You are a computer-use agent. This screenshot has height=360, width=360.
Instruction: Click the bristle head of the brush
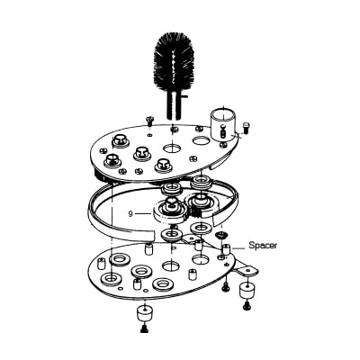pos(174,64)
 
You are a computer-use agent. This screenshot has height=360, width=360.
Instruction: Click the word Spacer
pos(263,246)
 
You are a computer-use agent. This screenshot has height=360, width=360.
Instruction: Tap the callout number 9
pos(130,213)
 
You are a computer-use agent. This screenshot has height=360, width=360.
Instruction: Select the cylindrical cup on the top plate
pos(223,124)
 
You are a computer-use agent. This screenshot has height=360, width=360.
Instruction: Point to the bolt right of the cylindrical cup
pos(246,128)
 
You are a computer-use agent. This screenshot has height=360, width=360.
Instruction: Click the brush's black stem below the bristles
pos(174,105)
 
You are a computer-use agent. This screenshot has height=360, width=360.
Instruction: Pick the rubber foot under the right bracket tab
pos(247,291)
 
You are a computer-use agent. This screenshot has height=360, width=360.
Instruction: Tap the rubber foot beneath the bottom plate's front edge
pos(145,313)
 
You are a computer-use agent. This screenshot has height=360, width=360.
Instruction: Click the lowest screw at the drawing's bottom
pos(144,328)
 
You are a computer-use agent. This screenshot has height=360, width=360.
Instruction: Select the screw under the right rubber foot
pos(247,306)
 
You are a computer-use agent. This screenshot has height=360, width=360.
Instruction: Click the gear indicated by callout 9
pos(170,211)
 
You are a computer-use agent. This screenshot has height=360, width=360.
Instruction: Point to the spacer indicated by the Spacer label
pos(226,249)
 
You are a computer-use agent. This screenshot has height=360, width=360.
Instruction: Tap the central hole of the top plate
pos(172,148)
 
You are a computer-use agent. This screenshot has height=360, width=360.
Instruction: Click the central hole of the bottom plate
pos(171,265)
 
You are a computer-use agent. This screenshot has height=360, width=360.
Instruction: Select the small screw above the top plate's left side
pos(150,121)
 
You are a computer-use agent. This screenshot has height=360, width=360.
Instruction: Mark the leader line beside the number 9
pos(143,213)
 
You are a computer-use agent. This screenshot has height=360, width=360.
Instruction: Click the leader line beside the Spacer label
pos(238,248)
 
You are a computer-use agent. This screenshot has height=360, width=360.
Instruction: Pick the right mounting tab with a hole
pos(247,269)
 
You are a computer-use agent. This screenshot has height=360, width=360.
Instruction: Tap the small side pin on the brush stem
pos(184,96)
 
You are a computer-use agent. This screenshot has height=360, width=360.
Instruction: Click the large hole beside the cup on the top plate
pos(202,139)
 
